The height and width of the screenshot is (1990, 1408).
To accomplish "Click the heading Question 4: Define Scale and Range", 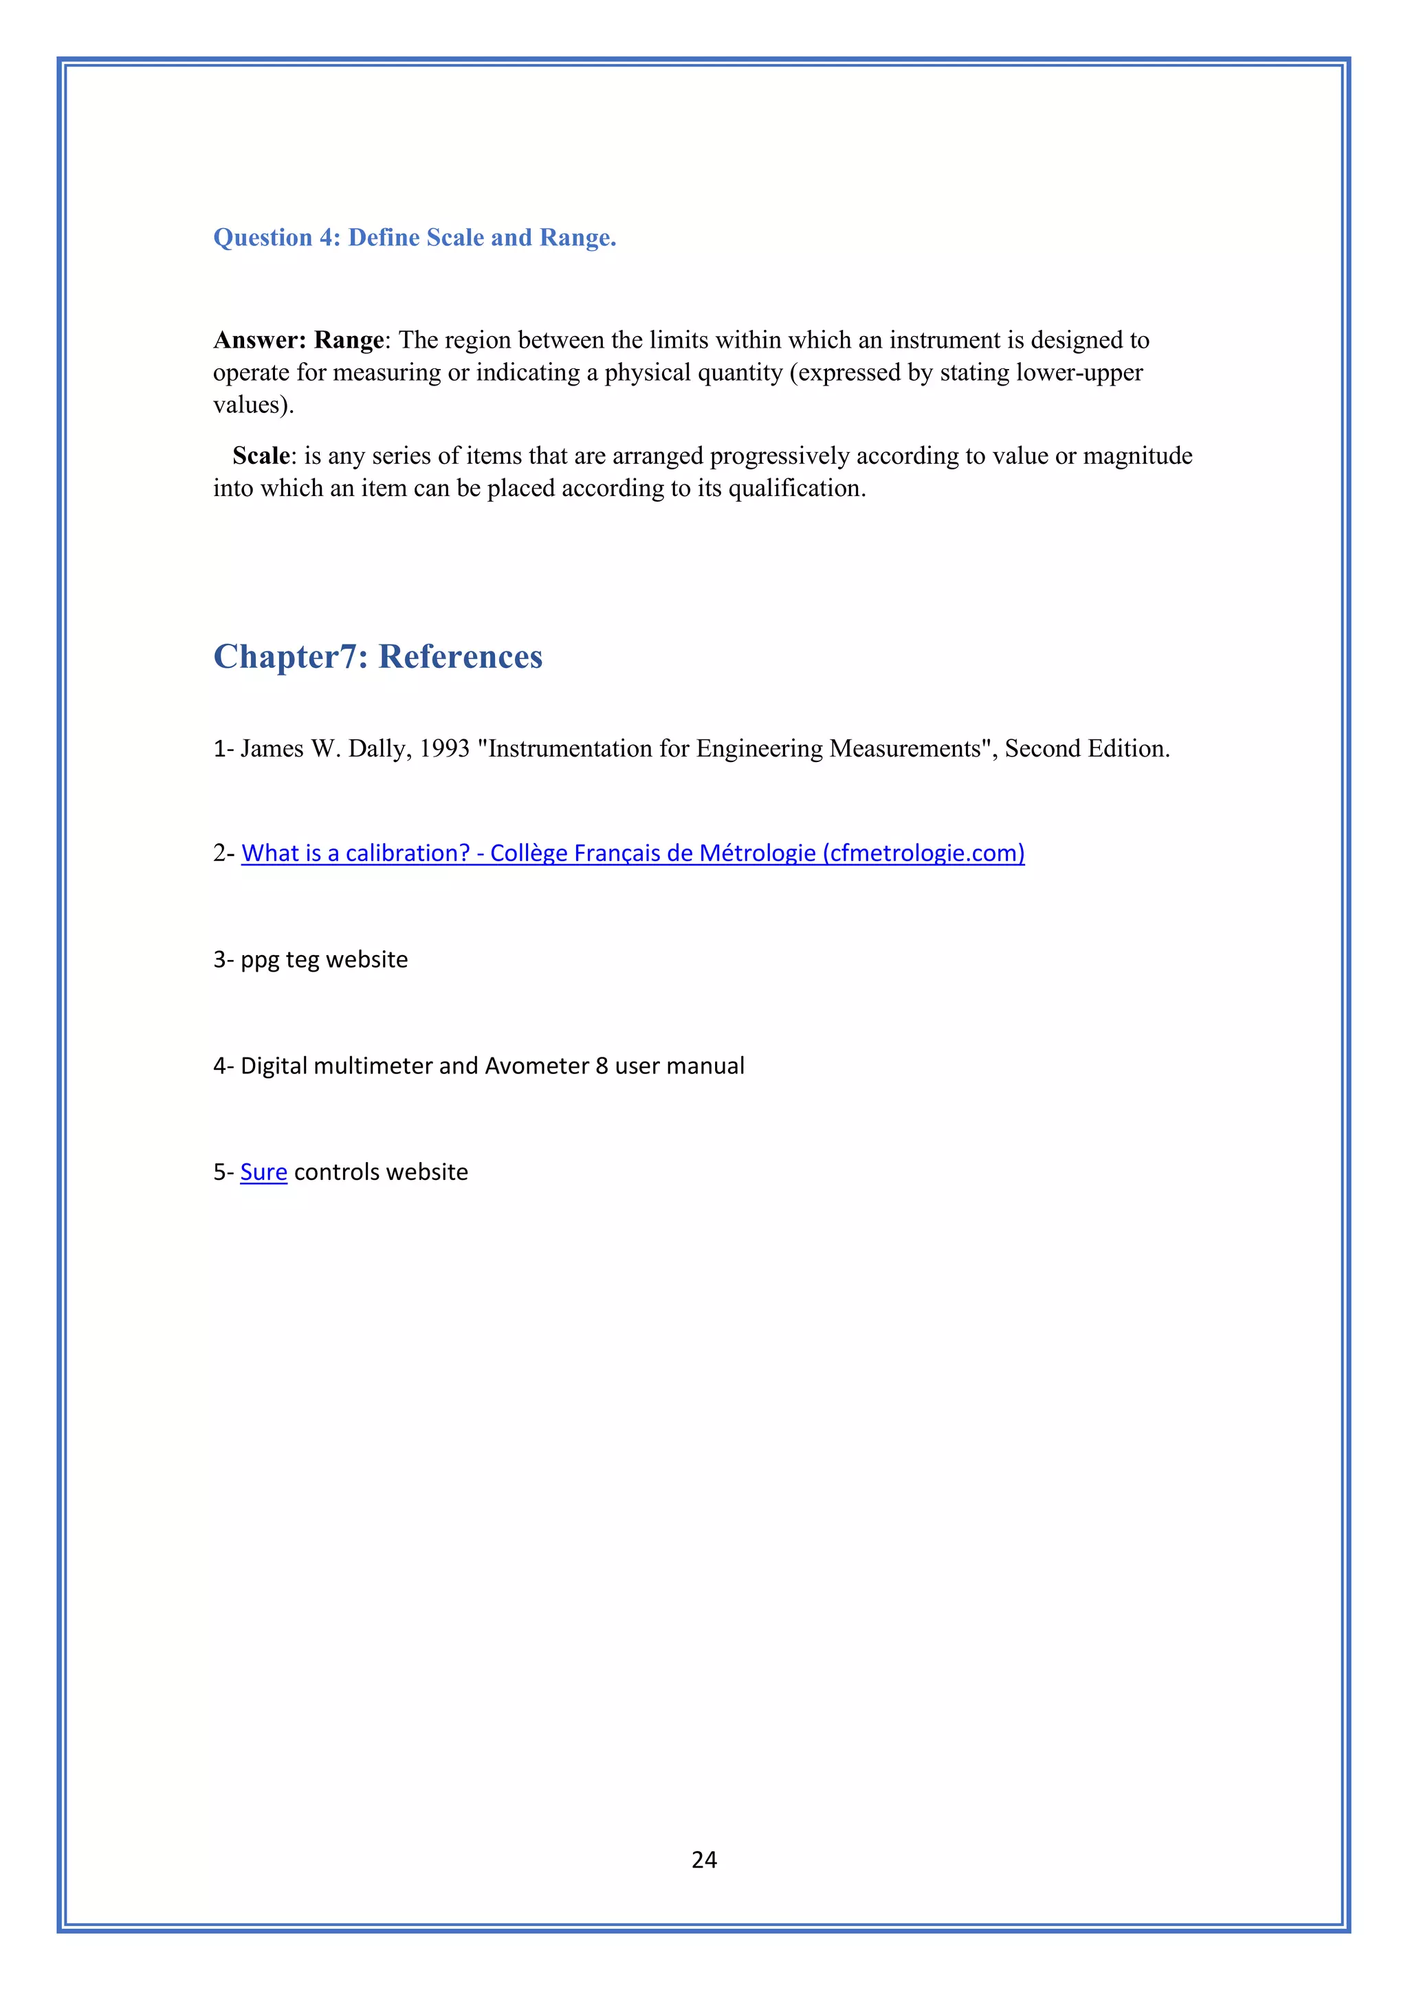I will click(x=415, y=238).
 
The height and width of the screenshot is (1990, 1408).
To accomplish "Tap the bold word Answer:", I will click(x=259, y=339).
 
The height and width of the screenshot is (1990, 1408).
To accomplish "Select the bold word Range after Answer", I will click(x=349, y=339).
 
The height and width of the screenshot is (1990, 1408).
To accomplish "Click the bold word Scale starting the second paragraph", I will click(x=261, y=456).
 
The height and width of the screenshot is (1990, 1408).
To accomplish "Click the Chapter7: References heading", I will click(x=377, y=657).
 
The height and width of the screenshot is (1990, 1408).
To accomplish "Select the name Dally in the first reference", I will click(x=376, y=749).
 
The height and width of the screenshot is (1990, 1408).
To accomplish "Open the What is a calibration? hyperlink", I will click(x=355, y=853).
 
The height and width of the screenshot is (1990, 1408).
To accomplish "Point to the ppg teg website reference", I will click(x=323, y=959).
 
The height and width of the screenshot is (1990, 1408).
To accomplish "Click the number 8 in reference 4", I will click(x=602, y=1066).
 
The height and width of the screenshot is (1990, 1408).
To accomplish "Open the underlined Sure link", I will click(x=263, y=1173).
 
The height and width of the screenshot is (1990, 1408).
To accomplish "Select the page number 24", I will click(x=704, y=1859).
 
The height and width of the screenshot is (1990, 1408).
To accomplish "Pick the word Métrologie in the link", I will click(x=757, y=853).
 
